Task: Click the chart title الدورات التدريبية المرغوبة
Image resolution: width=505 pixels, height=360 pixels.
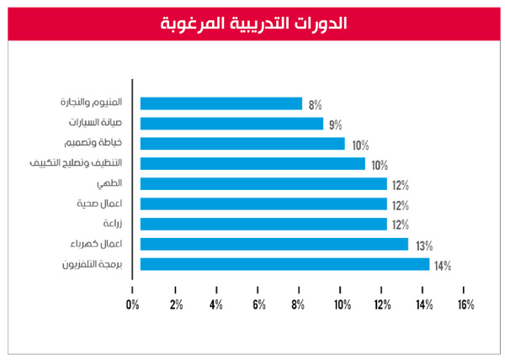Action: coord(252,23)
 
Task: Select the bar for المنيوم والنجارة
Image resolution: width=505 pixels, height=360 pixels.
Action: coord(221,103)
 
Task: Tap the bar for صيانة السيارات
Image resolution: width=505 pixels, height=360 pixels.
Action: coord(231,124)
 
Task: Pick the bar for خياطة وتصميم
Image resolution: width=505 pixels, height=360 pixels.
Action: coord(242,144)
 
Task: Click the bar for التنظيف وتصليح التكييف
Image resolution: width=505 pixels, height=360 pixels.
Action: coord(252,164)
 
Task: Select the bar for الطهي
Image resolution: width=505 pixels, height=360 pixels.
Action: coord(263,183)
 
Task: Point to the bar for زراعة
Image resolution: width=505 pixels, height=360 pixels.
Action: coord(263,224)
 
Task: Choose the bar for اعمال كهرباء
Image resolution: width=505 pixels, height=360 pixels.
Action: coord(274,244)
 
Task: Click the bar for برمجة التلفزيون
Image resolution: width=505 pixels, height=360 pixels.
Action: coord(284,264)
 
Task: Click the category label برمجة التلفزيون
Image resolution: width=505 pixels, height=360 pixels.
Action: coord(92,264)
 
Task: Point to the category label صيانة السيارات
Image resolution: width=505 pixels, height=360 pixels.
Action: coord(93,124)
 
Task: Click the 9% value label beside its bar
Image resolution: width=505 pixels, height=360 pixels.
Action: coord(335,125)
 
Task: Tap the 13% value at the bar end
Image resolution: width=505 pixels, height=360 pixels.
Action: coord(423,246)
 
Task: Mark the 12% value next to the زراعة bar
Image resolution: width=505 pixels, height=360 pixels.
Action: coord(401,225)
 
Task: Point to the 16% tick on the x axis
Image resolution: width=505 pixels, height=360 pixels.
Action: coord(465,304)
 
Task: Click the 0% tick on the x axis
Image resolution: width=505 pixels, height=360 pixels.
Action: coord(132,304)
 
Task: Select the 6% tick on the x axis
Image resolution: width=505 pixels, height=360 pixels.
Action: coord(258,304)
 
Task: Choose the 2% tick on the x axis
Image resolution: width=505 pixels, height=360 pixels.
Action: coord(175,304)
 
